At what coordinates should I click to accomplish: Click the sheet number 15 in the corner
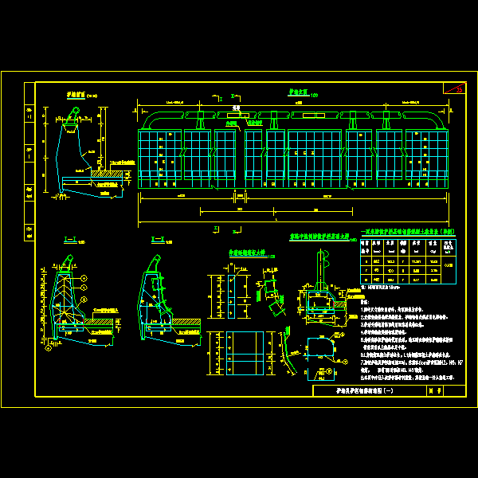pyautogui.click(x=458, y=88)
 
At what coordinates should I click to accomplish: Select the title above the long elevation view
pyautogui.click(x=296, y=93)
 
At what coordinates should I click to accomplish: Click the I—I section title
pyautogui.click(x=69, y=237)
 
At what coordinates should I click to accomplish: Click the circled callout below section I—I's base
pyautogui.click(x=49, y=347)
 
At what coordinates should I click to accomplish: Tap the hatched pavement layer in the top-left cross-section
pyautogui.click(x=108, y=171)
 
